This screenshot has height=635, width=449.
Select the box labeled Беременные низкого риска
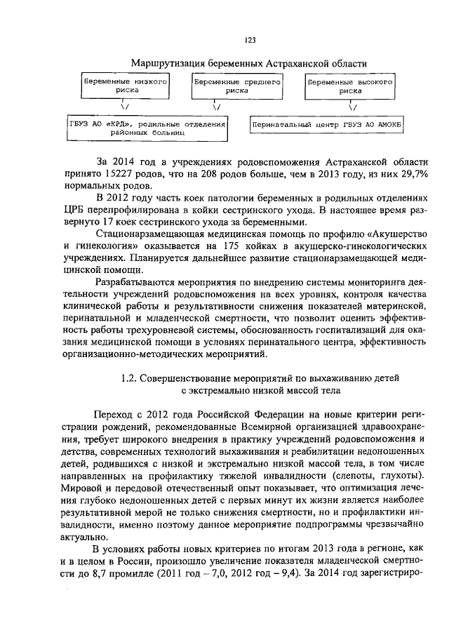[x=125, y=86]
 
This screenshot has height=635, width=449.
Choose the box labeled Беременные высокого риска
[x=348, y=86]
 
